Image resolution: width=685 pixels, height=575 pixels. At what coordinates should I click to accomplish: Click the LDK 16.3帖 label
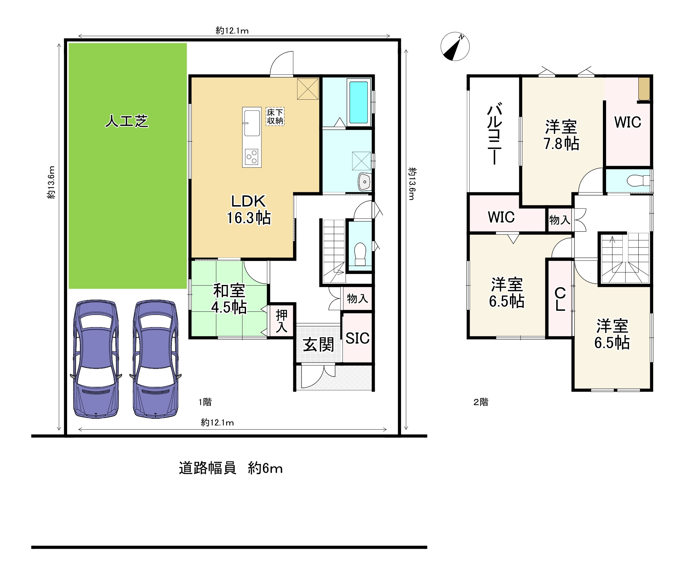tap(249, 209)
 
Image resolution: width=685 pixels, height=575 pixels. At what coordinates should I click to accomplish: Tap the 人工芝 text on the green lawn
tap(127, 121)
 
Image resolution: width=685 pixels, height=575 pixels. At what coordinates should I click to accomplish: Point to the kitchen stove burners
tap(252, 157)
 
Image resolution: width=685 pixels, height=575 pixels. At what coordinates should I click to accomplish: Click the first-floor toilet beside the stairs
tap(360, 253)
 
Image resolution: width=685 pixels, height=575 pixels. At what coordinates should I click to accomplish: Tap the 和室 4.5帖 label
tap(229, 299)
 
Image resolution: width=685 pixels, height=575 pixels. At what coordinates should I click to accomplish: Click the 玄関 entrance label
tap(318, 345)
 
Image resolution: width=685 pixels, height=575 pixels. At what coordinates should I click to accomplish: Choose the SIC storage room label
tap(358, 338)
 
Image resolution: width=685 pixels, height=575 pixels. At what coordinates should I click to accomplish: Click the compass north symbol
tap(455, 47)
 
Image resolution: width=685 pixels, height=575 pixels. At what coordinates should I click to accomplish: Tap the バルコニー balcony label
tap(495, 134)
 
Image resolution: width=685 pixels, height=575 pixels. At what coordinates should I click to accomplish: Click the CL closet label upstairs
tap(560, 299)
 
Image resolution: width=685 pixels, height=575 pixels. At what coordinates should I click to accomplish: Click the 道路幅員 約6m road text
tap(231, 468)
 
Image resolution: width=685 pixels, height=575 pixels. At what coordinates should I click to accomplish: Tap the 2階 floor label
tap(481, 402)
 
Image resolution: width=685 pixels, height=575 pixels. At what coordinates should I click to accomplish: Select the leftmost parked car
tap(96, 358)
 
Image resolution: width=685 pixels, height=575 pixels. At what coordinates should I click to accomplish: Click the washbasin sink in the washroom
tap(364, 182)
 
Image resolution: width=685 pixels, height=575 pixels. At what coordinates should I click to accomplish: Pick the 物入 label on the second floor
tap(559, 220)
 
